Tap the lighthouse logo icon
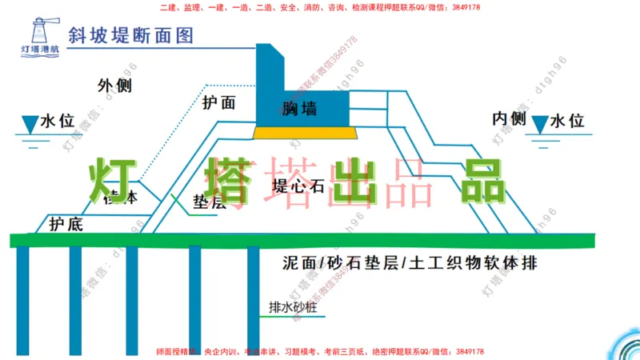34,32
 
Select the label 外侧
114,86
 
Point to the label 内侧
508,119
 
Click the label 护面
218,102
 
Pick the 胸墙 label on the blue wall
300,109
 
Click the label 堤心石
298,186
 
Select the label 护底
66,224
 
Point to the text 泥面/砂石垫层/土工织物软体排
410,263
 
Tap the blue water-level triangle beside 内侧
542,123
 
